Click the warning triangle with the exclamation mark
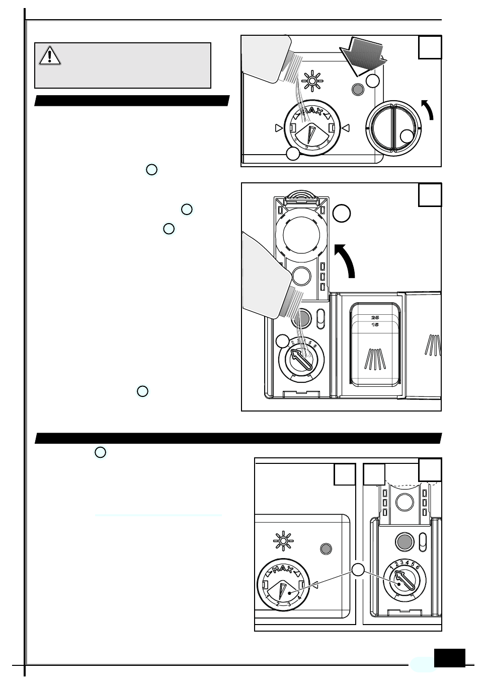(50, 55)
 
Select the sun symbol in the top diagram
(312, 81)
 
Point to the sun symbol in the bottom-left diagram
(284, 541)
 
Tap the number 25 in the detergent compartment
(375, 317)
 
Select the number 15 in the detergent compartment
(375, 325)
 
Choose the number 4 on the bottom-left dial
(299, 598)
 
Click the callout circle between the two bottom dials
(358, 570)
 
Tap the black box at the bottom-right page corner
(449, 658)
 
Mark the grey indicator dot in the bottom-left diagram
(326, 549)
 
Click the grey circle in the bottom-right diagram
(405, 541)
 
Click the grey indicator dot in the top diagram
(358, 89)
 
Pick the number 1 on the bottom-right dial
(391, 568)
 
